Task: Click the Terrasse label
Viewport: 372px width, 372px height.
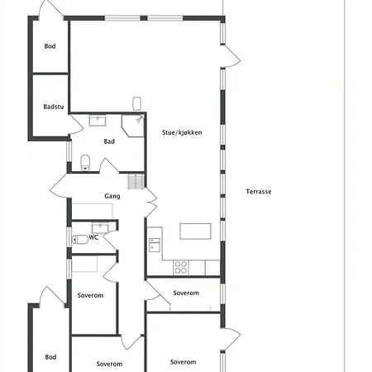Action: (259, 192)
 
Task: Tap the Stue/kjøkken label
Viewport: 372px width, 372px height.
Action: (182, 132)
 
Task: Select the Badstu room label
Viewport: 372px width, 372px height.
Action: (54, 107)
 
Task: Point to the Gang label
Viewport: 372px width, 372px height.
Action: (112, 196)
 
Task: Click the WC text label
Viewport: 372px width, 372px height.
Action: (93, 237)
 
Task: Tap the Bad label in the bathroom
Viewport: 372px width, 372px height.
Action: (109, 141)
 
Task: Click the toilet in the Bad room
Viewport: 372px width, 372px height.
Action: (85, 163)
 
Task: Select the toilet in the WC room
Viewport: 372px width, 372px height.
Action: (80, 239)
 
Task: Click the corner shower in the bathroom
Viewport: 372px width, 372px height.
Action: (133, 126)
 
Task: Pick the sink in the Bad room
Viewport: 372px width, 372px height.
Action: (98, 121)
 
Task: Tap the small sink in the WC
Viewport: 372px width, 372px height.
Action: (100, 227)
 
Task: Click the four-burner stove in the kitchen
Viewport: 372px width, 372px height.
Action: (181, 267)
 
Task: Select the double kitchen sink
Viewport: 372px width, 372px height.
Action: (155, 245)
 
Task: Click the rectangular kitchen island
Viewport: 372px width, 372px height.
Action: (195, 231)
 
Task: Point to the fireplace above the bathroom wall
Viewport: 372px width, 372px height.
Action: (137, 103)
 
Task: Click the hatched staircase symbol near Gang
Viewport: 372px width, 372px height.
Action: (136, 182)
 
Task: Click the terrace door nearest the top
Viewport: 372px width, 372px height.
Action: (231, 56)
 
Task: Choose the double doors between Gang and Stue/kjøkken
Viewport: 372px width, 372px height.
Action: (151, 203)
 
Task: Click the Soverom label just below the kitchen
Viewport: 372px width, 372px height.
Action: (186, 293)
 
